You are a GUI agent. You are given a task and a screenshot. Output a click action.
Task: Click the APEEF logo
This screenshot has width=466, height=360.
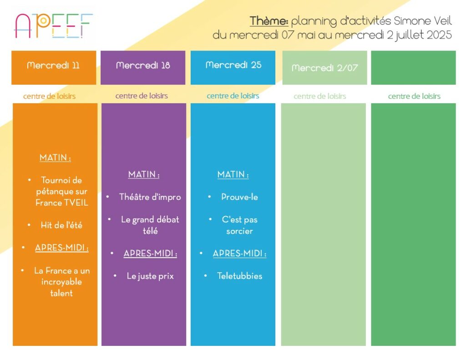click(x=54, y=26)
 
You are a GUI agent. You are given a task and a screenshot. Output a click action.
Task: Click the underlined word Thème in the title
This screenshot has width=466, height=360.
click(x=268, y=21)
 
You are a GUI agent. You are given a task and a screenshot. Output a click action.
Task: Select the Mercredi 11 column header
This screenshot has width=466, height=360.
click(x=54, y=65)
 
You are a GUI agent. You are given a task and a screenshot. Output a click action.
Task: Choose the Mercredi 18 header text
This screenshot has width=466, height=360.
click(x=143, y=65)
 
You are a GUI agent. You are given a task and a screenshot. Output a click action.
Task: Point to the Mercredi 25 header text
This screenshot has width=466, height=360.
click(x=233, y=65)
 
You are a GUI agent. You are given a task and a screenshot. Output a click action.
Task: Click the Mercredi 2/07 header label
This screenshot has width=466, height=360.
click(x=324, y=68)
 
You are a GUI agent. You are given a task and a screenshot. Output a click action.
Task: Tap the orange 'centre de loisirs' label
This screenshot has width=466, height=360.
click(x=49, y=96)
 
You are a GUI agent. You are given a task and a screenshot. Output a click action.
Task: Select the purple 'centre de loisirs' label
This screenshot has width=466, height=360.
click(x=142, y=96)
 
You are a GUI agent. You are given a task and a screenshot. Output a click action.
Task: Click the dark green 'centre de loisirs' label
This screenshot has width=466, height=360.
click(x=414, y=96)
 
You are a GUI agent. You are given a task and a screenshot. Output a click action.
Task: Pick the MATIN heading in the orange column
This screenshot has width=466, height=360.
click(x=55, y=157)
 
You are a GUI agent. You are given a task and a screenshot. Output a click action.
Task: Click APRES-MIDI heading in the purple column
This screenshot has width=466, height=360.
click(x=150, y=254)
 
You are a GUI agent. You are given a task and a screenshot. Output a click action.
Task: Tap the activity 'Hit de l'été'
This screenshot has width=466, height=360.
click(x=61, y=225)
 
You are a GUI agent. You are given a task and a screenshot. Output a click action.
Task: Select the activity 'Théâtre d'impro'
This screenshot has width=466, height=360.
click(x=150, y=197)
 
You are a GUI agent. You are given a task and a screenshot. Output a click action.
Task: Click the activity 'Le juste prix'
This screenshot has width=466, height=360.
click(x=150, y=276)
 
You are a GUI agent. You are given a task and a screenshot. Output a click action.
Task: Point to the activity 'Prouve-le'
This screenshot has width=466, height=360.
click(x=239, y=197)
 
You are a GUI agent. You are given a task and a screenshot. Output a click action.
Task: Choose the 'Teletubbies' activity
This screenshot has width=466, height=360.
click(x=239, y=276)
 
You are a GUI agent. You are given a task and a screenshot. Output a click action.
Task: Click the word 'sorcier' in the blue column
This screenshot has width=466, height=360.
click(x=239, y=231)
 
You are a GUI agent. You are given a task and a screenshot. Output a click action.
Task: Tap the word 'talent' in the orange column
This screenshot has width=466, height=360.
click(x=61, y=293)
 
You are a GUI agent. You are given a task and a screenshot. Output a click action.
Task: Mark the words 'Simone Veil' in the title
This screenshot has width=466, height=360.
click(x=423, y=21)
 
